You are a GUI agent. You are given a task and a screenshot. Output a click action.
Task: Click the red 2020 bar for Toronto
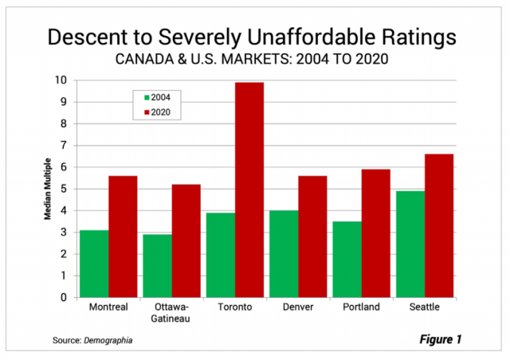pos(249,190)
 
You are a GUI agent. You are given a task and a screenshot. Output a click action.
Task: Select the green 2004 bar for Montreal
pos(95,264)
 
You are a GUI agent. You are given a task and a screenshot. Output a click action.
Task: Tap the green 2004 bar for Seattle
pos(410,244)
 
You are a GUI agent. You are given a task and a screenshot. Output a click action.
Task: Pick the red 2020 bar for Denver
pos(312,237)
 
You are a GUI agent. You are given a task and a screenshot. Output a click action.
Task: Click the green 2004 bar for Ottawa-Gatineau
pos(158,265)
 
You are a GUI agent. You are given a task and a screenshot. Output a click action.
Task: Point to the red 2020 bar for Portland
pos(376,233)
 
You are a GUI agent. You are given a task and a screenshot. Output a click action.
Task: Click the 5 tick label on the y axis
pos(68,189)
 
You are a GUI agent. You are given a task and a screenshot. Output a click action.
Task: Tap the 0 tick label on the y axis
pos(68,298)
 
